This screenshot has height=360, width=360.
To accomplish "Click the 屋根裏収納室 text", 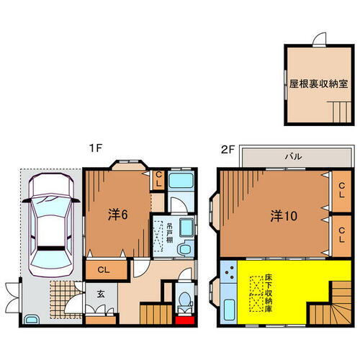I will [x=314, y=84].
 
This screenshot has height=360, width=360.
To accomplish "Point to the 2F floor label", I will [x=228, y=149].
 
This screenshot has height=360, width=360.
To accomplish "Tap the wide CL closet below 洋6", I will [x=104, y=269].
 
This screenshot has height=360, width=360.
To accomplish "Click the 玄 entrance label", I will [x=100, y=293].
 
